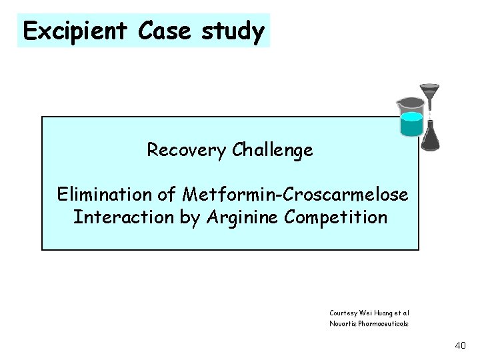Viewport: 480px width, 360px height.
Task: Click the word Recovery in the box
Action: [x=187, y=150]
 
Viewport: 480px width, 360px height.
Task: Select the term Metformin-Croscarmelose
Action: [x=295, y=195]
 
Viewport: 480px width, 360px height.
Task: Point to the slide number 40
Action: [x=459, y=345]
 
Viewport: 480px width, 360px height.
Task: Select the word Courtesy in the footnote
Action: [x=345, y=312]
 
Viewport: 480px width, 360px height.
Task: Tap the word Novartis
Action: [x=345, y=323]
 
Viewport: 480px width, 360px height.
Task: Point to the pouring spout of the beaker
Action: [x=399, y=103]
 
